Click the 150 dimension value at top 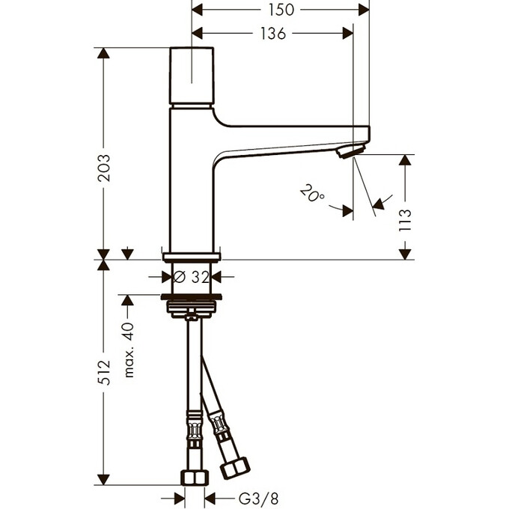pyautogui.click(x=281, y=10)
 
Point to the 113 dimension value pyautogui.click(x=406, y=222)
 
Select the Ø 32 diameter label pyautogui.click(x=192, y=276)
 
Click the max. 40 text pyautogui.click(x=128, y=350)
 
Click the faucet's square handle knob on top pyautogui.click(x=192, y=76)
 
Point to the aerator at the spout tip pyautogui.click(x=348, y=152)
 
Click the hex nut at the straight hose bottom pyautogui.click(x=194, y=478)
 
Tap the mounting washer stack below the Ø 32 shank pyautogui.click(x=192, y=307)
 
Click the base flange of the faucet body pyautogui.click(x=192, y=255)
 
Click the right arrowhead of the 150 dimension pyautogui.click(x=364, y=10)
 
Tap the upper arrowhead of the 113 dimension pyautogui.click(x=406, y=160)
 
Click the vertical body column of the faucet pyautogui.click(x=192, y=180)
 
